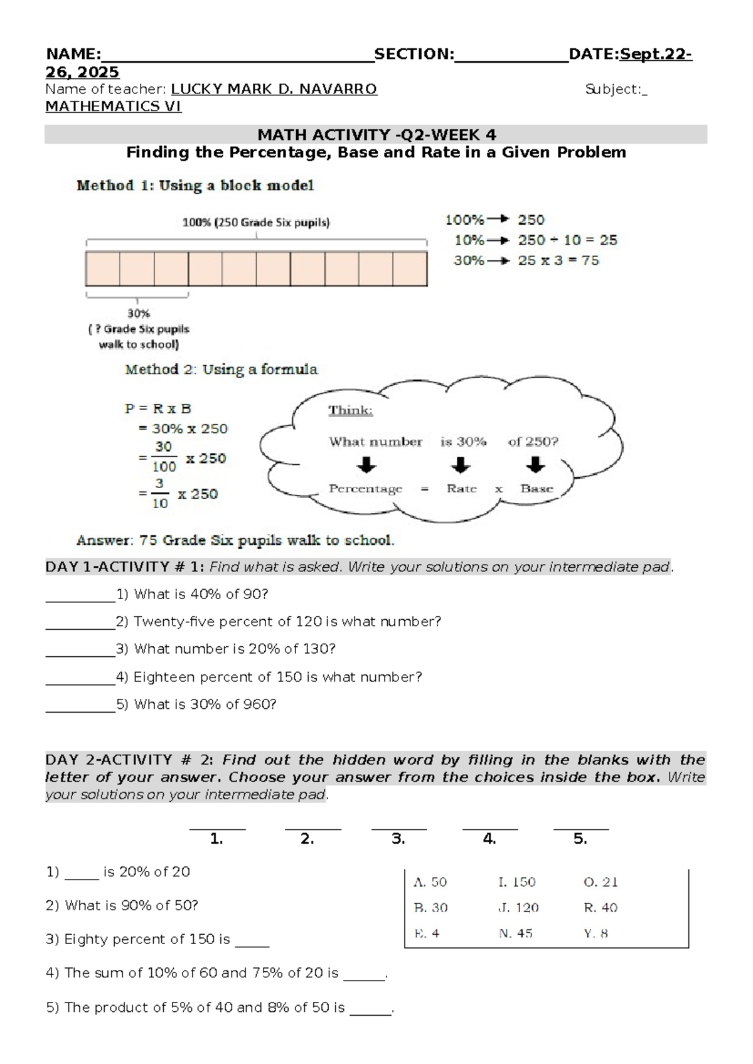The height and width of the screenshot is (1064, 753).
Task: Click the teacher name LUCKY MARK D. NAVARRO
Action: point(274,89)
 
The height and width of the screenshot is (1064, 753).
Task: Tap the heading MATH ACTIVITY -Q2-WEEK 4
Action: point(376,135)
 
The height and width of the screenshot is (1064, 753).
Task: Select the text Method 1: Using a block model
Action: point(195,186)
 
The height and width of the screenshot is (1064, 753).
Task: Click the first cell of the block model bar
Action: point(103,269)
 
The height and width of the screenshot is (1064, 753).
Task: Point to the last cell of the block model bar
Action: point(410,269)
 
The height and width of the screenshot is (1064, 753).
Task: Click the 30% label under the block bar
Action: point(139,313)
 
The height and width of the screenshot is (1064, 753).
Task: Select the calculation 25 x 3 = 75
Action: point(558,260)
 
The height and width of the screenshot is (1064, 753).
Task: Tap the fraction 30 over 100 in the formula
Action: point(164,457)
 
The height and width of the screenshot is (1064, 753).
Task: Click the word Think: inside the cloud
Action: point(351,410)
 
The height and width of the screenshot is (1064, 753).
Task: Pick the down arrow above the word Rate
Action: point(461,465)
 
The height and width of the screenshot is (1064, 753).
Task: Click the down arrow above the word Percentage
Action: point(366,465)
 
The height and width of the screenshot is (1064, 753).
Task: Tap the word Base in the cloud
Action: point(537,489)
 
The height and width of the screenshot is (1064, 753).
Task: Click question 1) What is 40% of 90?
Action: point(201,594)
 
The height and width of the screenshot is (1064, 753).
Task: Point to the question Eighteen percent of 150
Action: point(277,677)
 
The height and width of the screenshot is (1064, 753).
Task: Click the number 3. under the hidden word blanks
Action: point(398,839)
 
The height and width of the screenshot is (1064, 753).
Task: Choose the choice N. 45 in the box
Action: point(516,934)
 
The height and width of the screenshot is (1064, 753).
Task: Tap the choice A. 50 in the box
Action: point(430,882)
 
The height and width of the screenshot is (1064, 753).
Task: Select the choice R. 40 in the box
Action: point(601,908)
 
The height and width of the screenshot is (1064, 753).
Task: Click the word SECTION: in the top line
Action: point(414,55)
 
